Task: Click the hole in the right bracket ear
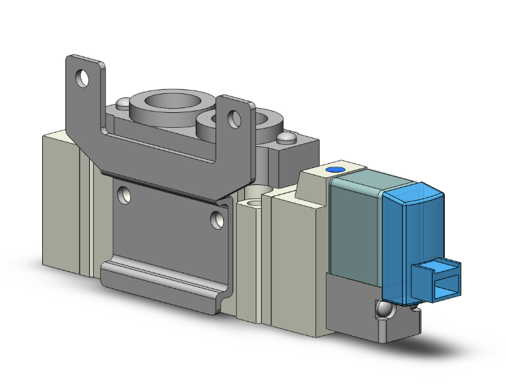[235, 120]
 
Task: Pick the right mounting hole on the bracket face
[217, 219]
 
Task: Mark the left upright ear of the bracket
[85, 95]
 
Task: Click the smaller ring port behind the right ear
[258, 122]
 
